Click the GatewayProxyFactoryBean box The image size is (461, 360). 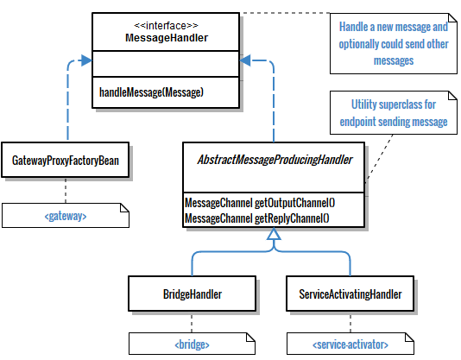pos(66,161)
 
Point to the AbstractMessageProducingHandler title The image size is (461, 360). pos(274,161)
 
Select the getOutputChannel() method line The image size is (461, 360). pos(259,202)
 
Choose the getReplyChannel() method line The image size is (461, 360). pos(259,216)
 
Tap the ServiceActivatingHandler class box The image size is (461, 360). pos(350,294)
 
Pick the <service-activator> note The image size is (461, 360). pos(350,344)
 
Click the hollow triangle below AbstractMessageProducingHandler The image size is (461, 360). pos(274,245)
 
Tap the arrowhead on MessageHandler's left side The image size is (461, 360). pos(84,60)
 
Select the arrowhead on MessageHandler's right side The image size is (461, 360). pos(247,60)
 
